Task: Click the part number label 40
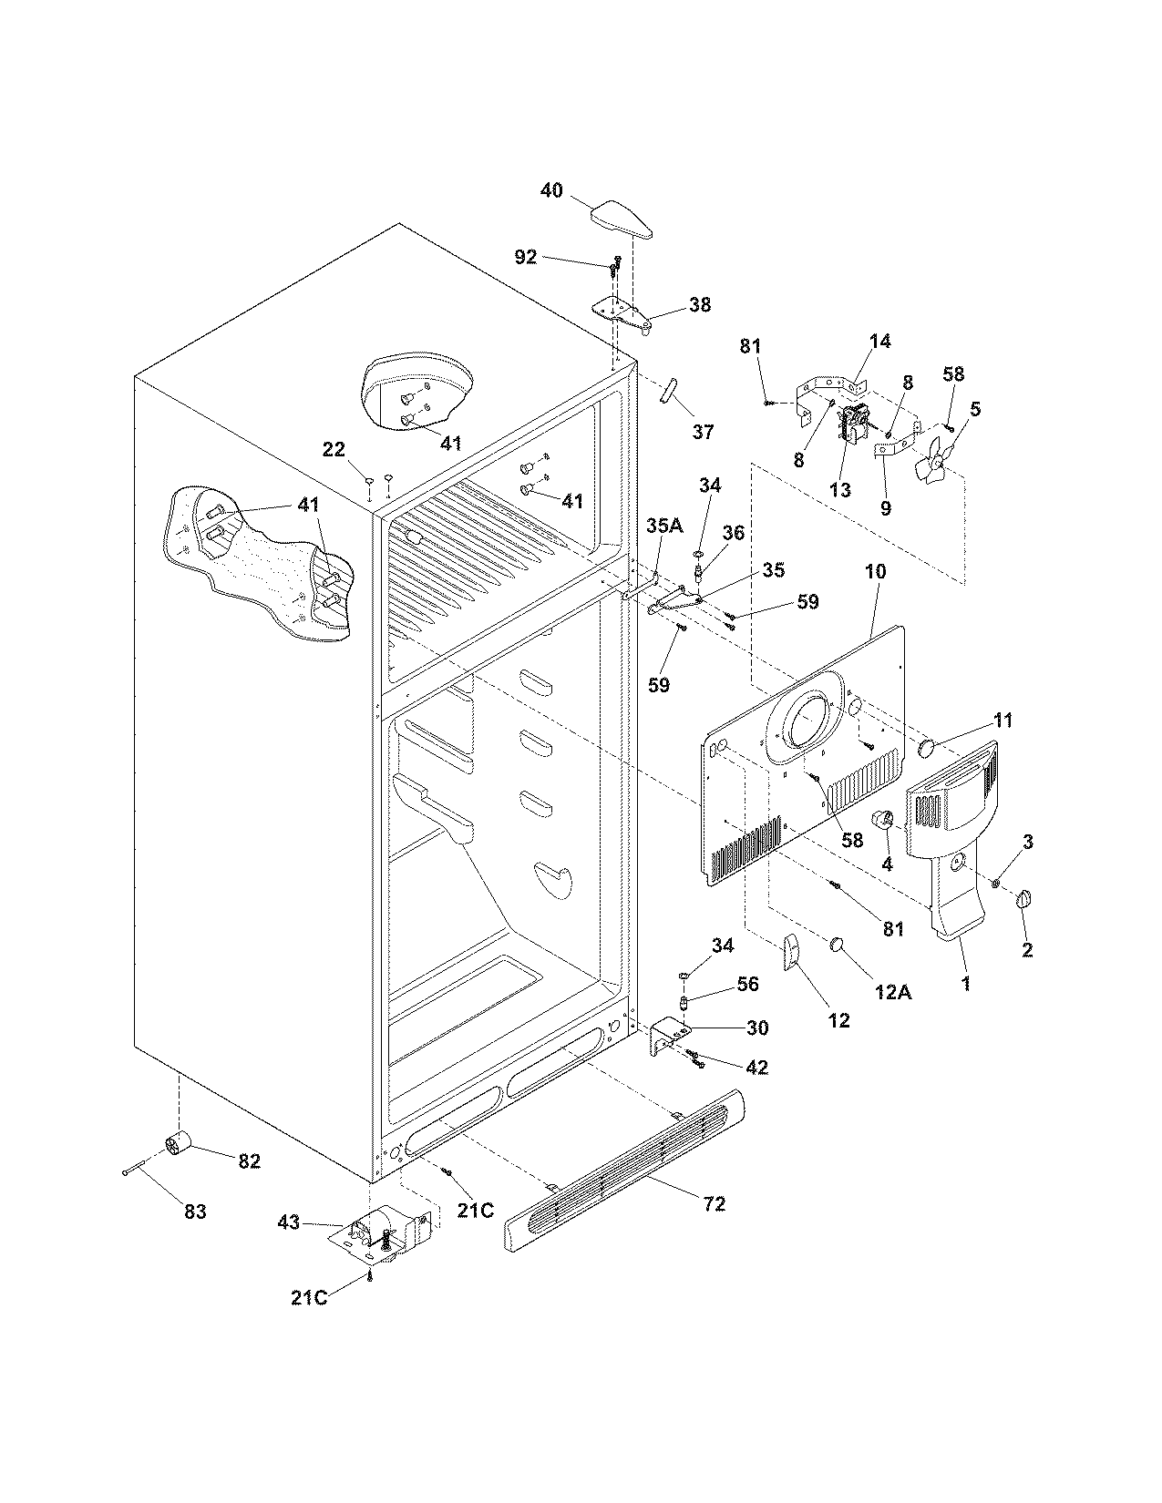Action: tap(551, 190)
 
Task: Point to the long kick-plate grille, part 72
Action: tap(624, 1172)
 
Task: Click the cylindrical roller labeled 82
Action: tap(175, 1144)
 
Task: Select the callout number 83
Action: tap(195, 1212)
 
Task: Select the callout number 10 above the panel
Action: tap(875, 572)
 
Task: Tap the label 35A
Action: tap(664, 526)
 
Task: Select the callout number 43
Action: tap(288, 1223)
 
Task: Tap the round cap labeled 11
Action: tap(929, 749)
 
